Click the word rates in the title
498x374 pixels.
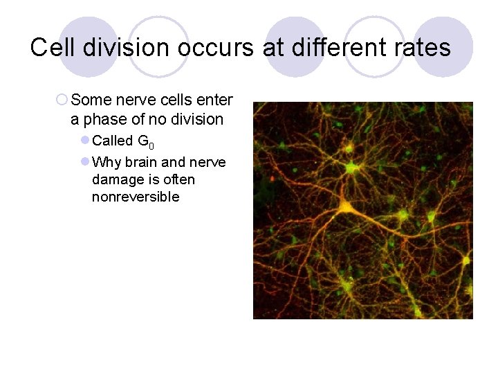pyautogui.click(x=424, y=47)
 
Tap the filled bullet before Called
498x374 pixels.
pyautogui.click(x=84, y=141)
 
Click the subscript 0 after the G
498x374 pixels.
pyautogui.click(x=151, y=145)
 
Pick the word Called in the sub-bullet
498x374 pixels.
pyautogui.click(x=113, y=141)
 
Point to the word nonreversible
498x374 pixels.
pyautogui.click(x=136, y=197)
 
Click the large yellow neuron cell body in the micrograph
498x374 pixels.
pyautogui.click(x=345, y=207)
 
